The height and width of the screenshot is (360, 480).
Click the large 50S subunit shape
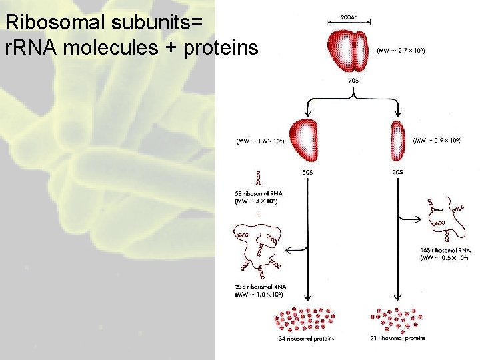pos(304,139)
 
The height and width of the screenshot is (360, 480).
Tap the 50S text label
pos(307,171)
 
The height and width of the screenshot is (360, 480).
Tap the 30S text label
pos(398,171)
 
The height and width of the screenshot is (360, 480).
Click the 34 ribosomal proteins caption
pos(306,339)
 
